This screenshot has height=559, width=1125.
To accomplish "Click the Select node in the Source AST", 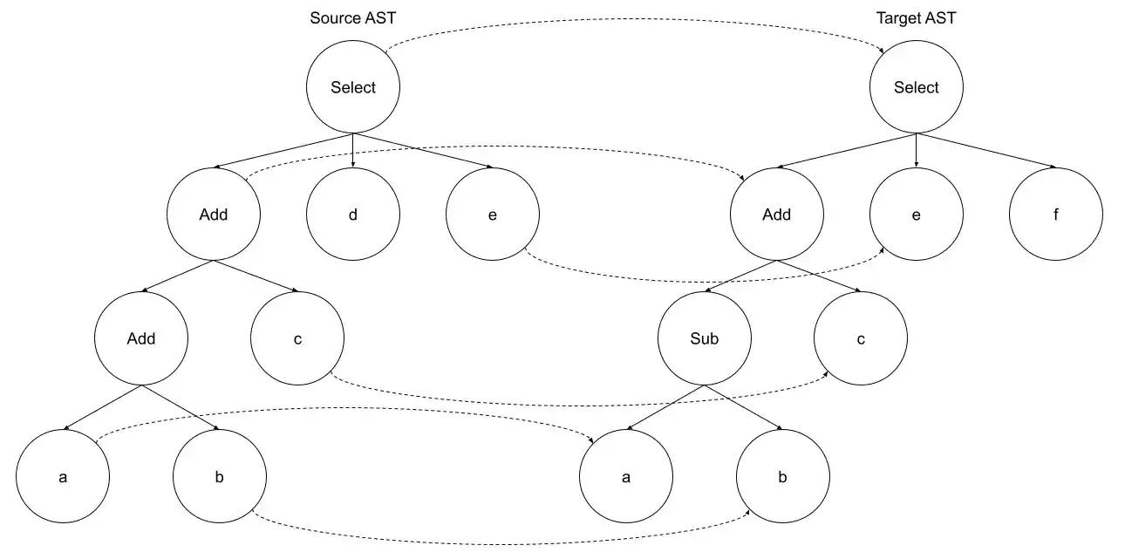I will (x=353, y=87).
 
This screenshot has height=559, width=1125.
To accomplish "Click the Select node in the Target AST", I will (x=917, y=87).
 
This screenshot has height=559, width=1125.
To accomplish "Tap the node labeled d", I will (x=353, y=214).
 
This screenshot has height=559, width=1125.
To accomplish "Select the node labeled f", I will (x=1056, y=214).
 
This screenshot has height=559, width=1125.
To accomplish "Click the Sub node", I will (x=704, y=338).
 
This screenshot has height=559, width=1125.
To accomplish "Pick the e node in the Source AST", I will (x=493, y=214).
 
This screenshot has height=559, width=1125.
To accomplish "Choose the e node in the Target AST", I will (x=917, y=214).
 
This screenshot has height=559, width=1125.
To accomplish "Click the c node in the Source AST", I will (x=297, y=338).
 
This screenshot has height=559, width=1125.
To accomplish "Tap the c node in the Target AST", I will (x=861, y=338).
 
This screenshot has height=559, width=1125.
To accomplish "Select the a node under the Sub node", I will (x=626, y=477).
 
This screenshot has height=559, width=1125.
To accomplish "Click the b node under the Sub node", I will (x=782, y=477).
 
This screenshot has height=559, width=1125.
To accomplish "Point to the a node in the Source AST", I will (x=63, y=477).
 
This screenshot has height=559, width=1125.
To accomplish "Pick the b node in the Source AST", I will (x=219, y=477).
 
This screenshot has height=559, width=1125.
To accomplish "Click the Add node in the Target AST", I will (x=776, y=214).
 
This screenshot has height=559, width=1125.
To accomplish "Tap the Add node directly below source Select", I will (x=214, y=214).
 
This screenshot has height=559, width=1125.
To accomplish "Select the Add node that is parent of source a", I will (x=141, y=338).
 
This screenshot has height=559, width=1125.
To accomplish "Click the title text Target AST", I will (x=916, y=18).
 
